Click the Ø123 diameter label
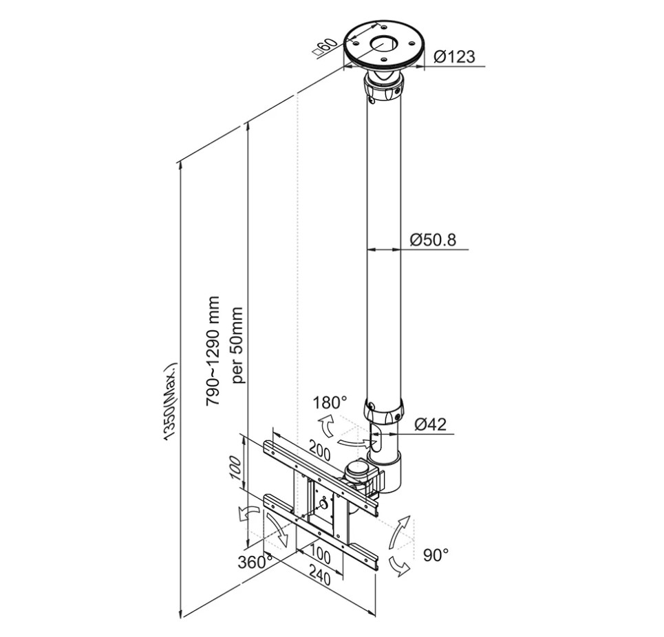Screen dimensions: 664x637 454,56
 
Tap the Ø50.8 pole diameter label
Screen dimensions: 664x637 433,240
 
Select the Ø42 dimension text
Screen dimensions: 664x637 430,424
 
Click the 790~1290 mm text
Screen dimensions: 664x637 213,352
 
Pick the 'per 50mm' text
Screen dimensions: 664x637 238,345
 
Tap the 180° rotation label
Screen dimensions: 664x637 330,402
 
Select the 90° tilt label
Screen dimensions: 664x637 436,555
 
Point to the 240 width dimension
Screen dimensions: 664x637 321,577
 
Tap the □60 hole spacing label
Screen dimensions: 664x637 325,48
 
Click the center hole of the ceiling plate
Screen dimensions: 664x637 384,43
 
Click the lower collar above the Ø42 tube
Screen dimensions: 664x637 384,411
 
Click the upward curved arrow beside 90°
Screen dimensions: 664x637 400,532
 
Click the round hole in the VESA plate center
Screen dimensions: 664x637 323,504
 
